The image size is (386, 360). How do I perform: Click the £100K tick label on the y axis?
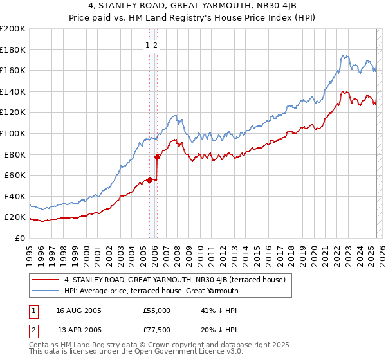(x=13, y=133)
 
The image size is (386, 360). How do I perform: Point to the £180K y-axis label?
(x=13, y=50)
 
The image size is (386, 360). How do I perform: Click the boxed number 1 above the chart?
(x=148, y=45)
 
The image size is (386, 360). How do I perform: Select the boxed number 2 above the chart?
(x=156, y=45)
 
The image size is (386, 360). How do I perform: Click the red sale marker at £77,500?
(x=157, y=156)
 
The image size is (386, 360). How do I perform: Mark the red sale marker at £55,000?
(x=150, y=180)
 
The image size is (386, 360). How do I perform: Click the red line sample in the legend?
(x=45, y=280)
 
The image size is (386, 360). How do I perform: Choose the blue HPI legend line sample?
(x=45, y=291)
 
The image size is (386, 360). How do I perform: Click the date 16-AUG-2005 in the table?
(x=79, y=310)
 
